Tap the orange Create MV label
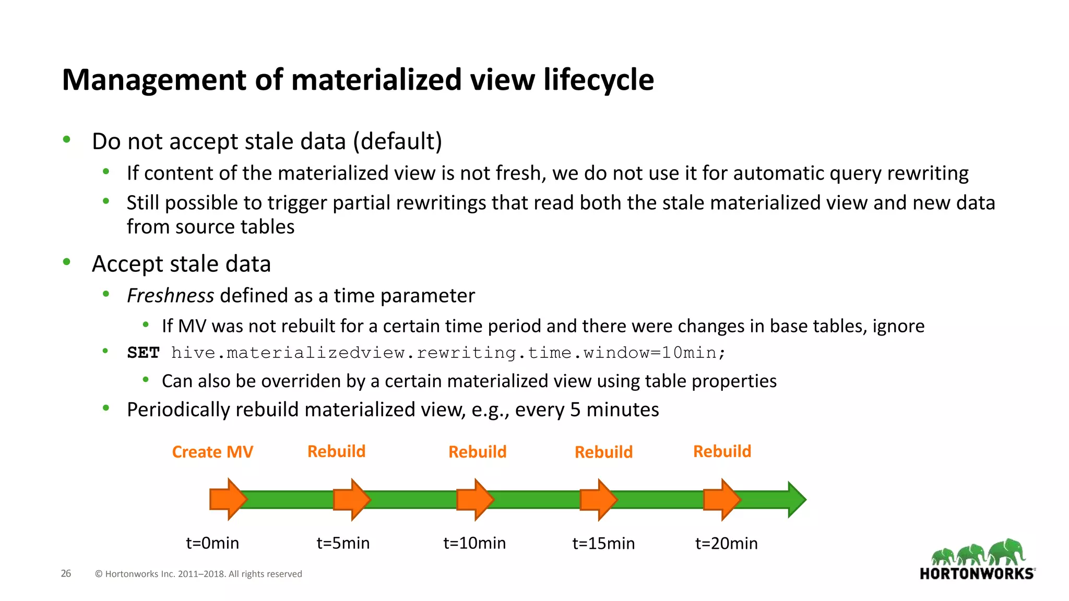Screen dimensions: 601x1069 point(212,452)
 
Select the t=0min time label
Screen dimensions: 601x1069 point(212,543)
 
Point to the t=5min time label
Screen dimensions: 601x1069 point(343,543)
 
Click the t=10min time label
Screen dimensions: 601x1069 point(474,543)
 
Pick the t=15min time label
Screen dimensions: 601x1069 point(603,544)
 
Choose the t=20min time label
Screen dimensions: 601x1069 point(726,544)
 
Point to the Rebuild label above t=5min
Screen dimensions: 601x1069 point(336,451)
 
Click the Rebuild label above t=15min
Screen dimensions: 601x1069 point(603,452)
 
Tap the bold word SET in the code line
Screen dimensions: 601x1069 point(143,353)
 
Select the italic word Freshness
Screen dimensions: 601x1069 point(170,296)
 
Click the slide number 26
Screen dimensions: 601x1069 point(66,573)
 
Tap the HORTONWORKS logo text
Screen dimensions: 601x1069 point(977,574)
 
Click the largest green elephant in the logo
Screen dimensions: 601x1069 point(1007,551)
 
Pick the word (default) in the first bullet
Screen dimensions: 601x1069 point(397,141)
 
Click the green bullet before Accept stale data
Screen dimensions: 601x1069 point(66,262)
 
